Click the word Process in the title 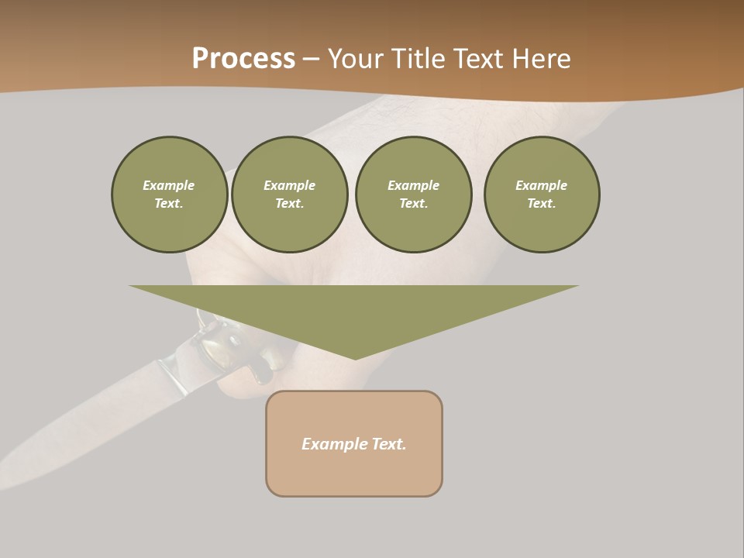point(243,59)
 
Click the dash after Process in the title point(311,60)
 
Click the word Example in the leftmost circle point(169,185)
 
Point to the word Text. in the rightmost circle point(542,204)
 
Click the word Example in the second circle point(290,185)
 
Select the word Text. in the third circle point(414,204)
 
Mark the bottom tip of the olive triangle point(355,358)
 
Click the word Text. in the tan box point(389,444)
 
